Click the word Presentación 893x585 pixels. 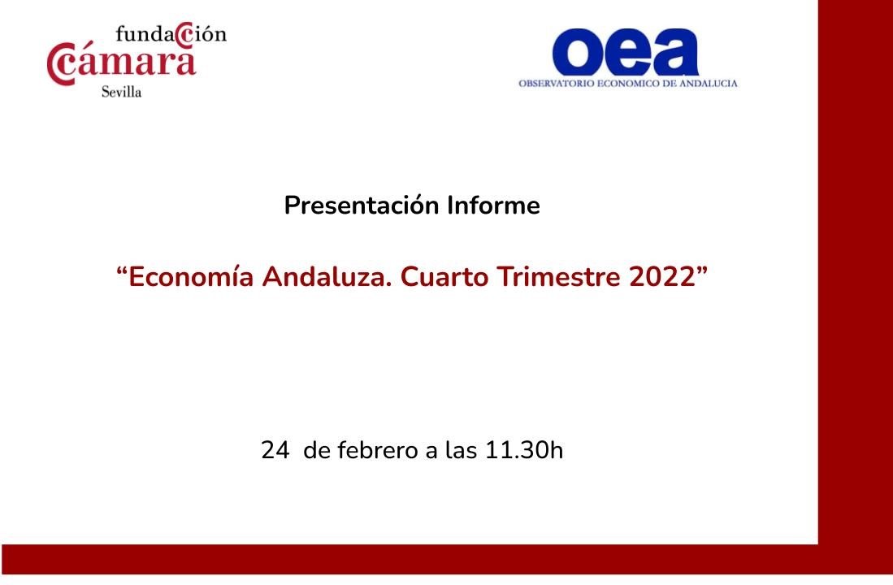pyautogui.click(x=362, y=206)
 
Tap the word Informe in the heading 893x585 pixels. pyautogui.click(x=493, y=205)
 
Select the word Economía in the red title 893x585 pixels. pyautogui.click(x=191, y=277)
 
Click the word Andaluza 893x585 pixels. pyautogui.click(x=327, y=277)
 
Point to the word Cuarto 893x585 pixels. pyautogui.click(x=444, y=277)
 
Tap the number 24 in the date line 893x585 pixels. pyautogui.click(x=275, y=451)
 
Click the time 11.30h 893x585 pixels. pyautogui.click(x=524, y=450)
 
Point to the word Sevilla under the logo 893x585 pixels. pyautogui.click(x=121, y=92)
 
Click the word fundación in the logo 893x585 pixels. pyautogui.click(x=171, y=34)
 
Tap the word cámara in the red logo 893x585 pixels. pyautogui.click(x=121, y=62)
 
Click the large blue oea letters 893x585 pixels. pyautogui.click(x=626, y=52)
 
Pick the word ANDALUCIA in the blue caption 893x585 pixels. pyautogui.click(x=709, y=83)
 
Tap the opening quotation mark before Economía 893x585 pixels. pyautogui.click(x=121, y=270)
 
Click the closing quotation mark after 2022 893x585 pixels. pyautogui.click(x=702, y=270)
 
